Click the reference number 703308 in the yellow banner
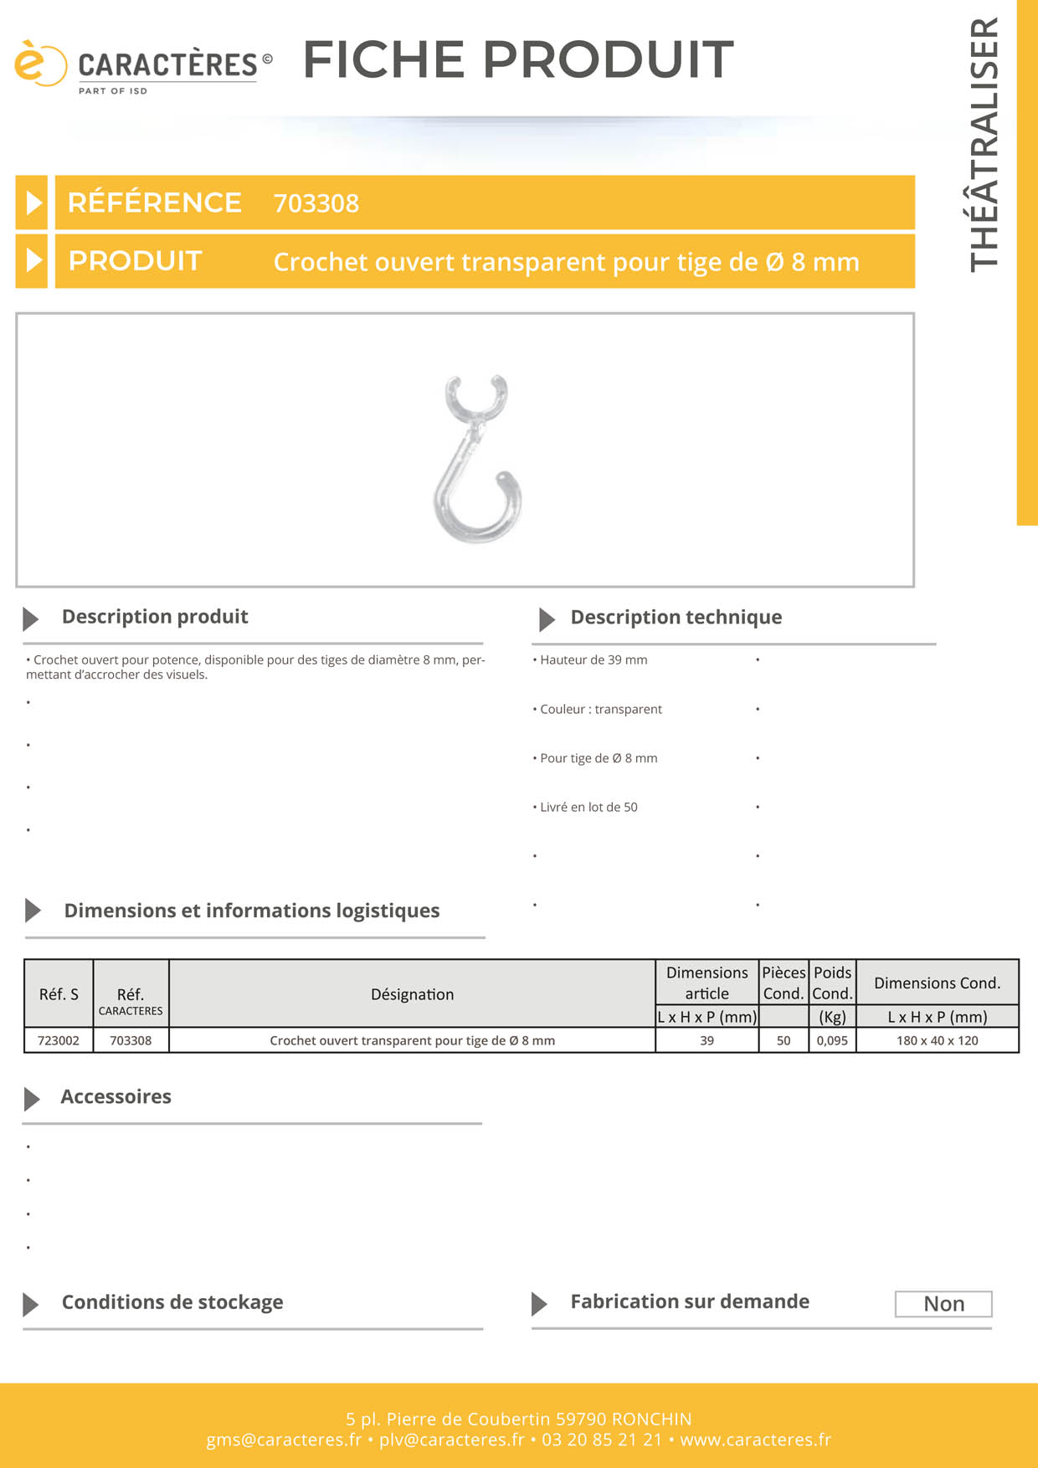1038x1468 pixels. coord(316,203)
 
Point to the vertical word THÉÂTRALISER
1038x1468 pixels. coord(984,145)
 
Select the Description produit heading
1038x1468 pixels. coord(155,617)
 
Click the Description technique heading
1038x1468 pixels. coord(676,618)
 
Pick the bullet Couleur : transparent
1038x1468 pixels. coord(600,709)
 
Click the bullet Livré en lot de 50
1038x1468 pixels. coord(588,807)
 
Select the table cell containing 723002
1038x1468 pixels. coord(59,1040)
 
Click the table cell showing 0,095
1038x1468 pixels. coord(832,1040)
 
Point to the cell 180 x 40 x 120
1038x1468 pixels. coord(937,1040)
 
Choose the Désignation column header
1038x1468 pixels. coord(412,994)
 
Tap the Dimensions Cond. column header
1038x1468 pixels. coord(937,983)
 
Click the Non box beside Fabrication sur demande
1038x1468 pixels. coord(943,1304)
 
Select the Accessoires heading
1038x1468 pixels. coord(116,1096)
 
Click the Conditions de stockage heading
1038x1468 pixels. coord(172,1302)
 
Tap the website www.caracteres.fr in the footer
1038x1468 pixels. coord(755,1440)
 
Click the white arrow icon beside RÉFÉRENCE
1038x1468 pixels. coord(33,203)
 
